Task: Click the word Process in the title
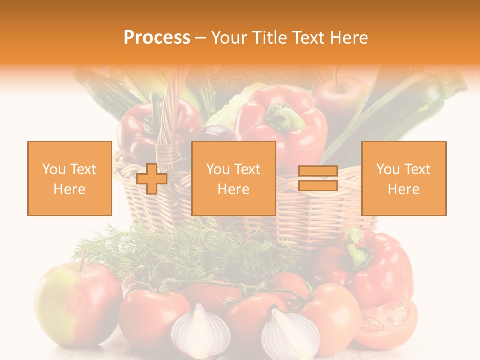click(x=157, y=38)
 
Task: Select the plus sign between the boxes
click(x=152, y=179)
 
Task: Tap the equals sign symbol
click(x=318, y=179)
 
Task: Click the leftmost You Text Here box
click(x=70, y=178)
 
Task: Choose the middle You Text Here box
click(x=234, y=178)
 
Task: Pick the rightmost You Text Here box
click(x=404, y=178)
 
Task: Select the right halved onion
click(x=290, y=332)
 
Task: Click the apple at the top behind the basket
click(x=340, y=97)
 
